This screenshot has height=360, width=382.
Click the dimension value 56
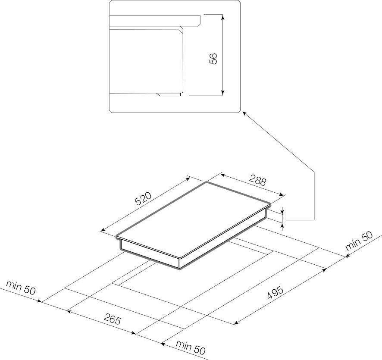pyautogui.click(x=213, y=58)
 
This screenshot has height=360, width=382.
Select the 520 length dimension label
pyautogui.click(x=143, y=198)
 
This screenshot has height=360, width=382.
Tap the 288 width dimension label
pyautogui.click(x=258, y=181)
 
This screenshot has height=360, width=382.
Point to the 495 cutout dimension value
pyautogui.click(x=276, y=293)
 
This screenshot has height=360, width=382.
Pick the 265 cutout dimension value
pyautogui.click(x=112, y=319)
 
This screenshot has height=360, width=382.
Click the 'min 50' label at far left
pyautogui.click(x=21, y=288)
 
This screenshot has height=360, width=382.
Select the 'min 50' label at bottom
pyautogui.click(x=191, y=347)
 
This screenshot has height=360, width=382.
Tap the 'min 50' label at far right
pyautogui.click(x=359, y=241)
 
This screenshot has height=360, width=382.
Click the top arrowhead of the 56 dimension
pyautogui.click(x=222, y=16)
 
